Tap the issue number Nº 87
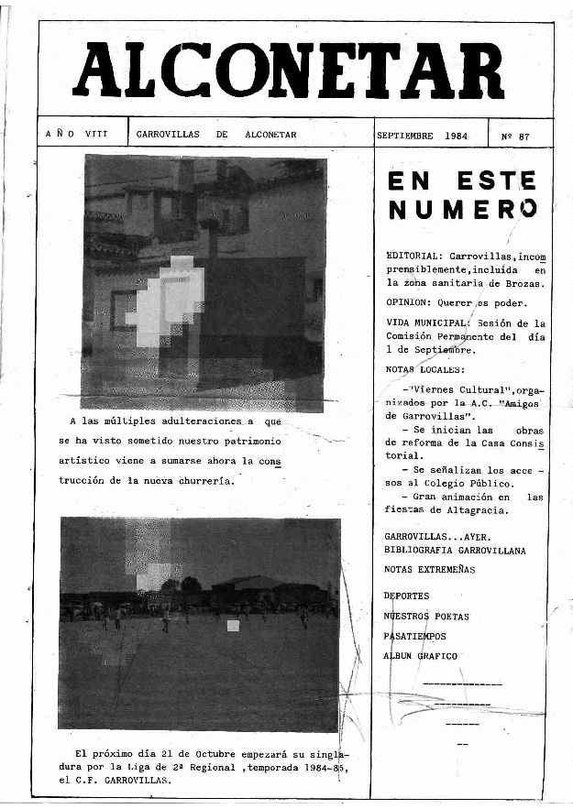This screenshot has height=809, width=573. pos(515,136)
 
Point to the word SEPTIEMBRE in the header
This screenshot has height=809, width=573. pos(404,135)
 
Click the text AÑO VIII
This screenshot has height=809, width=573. pos(76,134)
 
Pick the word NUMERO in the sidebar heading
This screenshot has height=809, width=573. pos(461,210)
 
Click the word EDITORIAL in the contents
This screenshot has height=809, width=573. pos(414,256)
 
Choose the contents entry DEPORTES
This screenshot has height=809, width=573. pos(406,596)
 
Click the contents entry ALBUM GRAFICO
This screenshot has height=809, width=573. pos(421,656)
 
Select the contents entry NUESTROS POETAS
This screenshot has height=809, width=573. pos(426,616)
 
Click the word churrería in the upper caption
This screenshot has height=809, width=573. pos(204,480)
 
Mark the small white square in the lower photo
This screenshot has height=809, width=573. pos(233,626)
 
